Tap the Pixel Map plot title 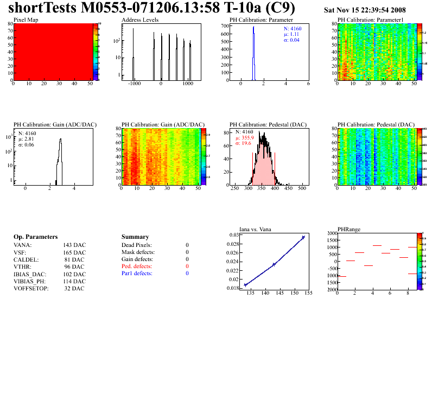tap(25, 20)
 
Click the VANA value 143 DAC tap(74, 245)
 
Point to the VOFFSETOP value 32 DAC tap(74, 289)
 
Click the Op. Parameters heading tap(35, 237)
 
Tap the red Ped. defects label tap(137, 266)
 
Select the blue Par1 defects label tap(137, 274)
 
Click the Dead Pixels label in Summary tap(137, 245)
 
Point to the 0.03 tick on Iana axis tap(233, 235)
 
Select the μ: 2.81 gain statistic tap(27, 139)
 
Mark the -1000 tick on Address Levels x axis tap(134, 85)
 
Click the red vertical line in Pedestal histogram tap(275, 163)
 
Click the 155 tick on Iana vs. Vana tap(307, 294)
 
